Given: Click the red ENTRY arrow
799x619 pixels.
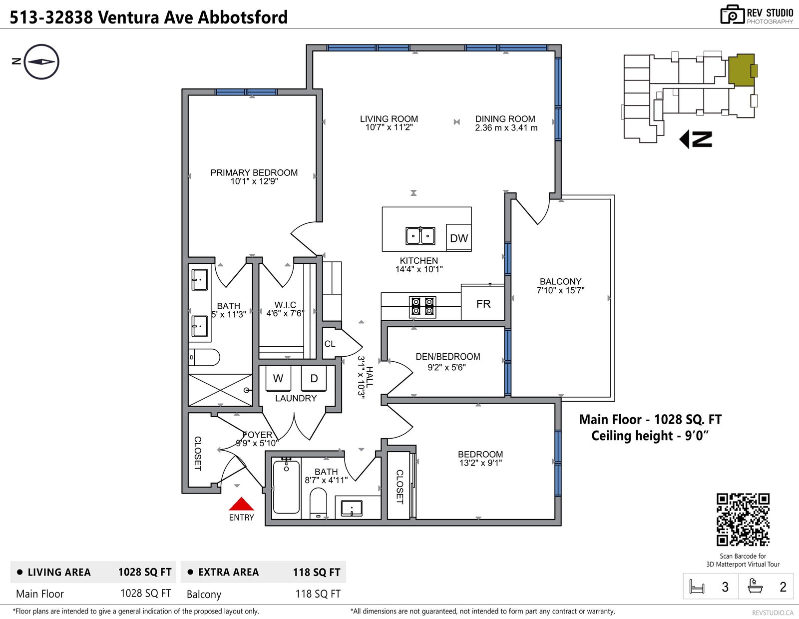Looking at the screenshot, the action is coord(241,504).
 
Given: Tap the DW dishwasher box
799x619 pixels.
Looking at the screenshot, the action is coord(459,238).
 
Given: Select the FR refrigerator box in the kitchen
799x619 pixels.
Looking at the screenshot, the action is coord(483,303).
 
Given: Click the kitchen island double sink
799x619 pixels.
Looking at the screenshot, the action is coord(420,236).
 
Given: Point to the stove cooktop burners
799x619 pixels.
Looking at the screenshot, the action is coord(422,307).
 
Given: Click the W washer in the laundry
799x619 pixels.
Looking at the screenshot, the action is coord(278,378).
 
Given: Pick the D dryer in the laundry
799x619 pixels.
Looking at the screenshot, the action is coord(314,378).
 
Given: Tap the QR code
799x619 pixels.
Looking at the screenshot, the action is coord(743,519).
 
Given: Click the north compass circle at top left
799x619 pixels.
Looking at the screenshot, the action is coord(41,62).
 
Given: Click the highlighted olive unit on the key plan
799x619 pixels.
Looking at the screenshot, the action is coord(742,70).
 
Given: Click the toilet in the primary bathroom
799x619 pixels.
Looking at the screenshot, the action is coord(204,357).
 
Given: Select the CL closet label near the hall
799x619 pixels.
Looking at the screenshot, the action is coord(330,344).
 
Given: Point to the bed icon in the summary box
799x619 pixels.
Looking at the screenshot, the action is coord(697,587).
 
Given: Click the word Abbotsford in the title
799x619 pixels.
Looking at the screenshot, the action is coord(243,17).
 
